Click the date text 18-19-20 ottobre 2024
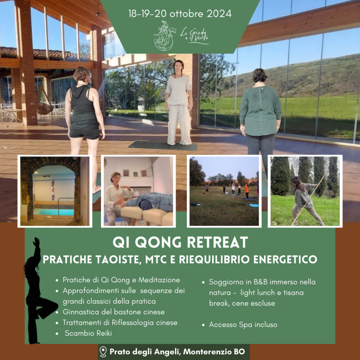pos(180,14)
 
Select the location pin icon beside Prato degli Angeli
pos(103,352)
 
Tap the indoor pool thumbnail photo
pos(55,191)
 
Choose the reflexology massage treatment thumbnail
pos(139,191)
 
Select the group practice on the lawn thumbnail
pos(224,191)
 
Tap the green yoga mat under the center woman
pos(162,146)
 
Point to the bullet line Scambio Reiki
pos(88,333)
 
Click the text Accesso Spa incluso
pos(243,324)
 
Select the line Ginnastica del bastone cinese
pos(114,312)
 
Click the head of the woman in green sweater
pos(259,75)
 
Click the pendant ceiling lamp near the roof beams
pos(98,14)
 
